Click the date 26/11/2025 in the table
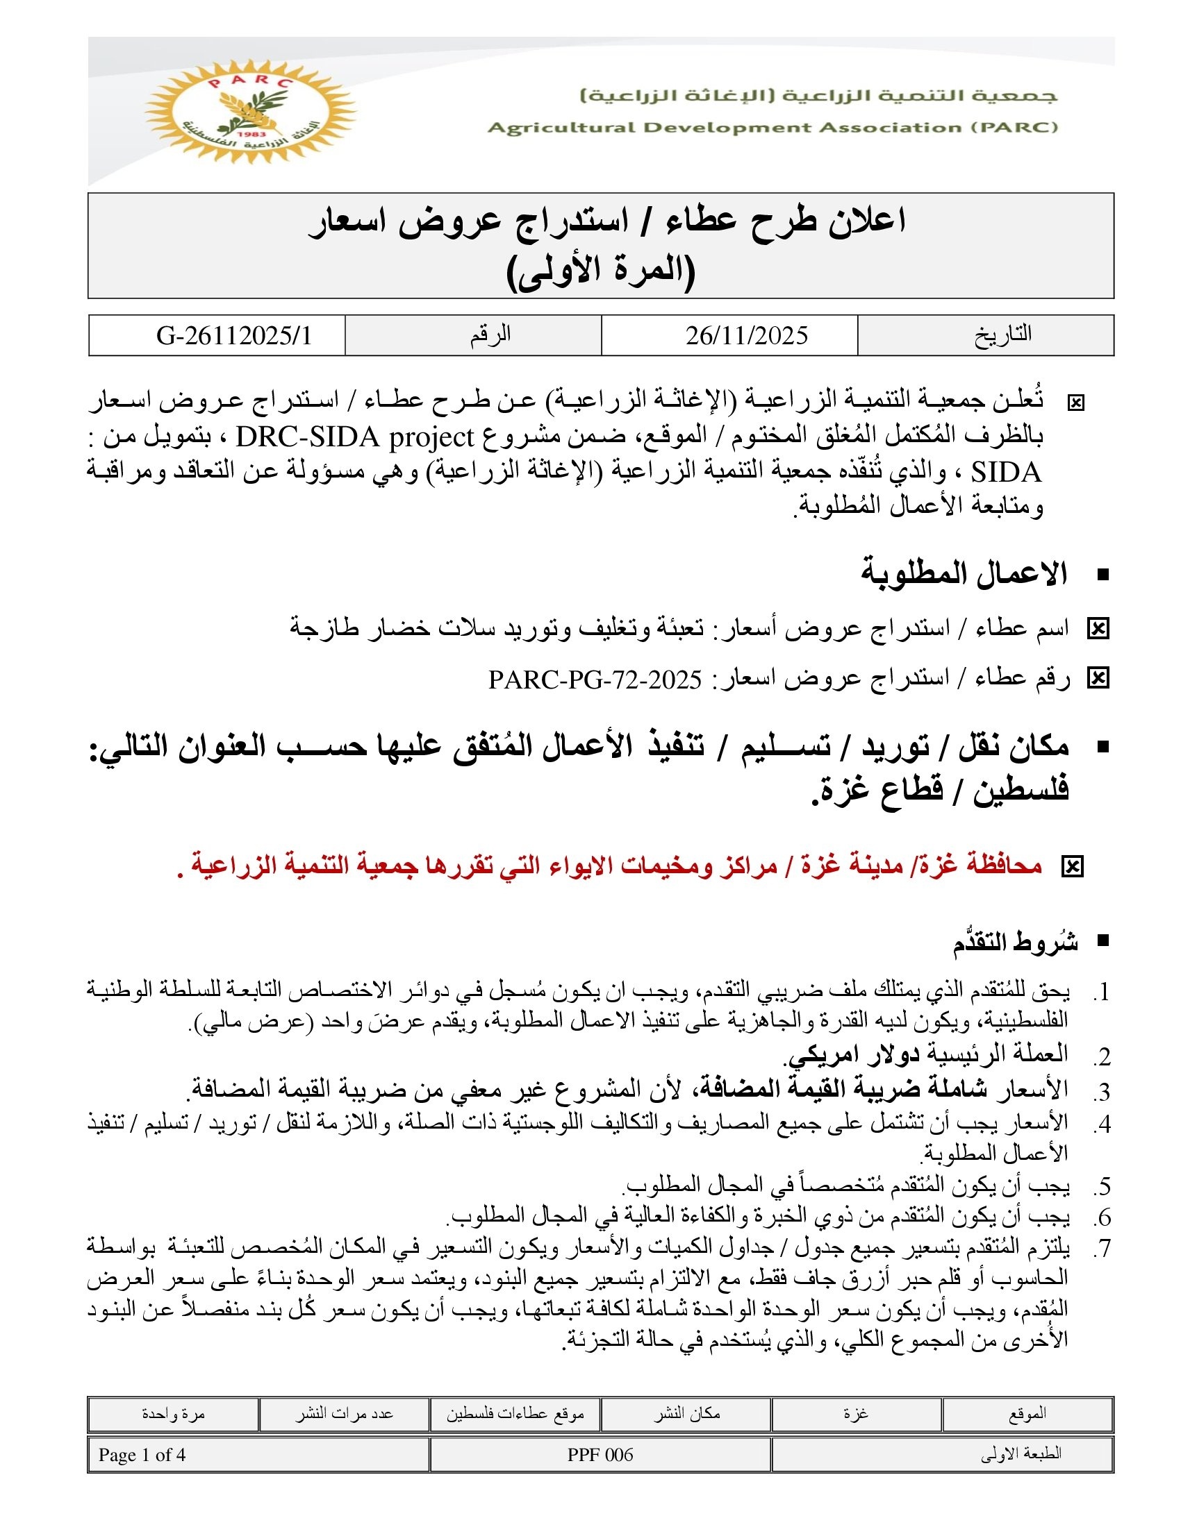746,336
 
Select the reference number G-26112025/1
234,336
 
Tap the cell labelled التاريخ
1002,335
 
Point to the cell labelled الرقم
490,335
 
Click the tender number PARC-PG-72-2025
595,679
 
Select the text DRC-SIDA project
356,438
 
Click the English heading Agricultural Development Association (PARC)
773,128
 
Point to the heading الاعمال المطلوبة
964,574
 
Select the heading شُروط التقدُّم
1014,942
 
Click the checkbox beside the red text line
1072,867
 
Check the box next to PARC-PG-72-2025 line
1098,678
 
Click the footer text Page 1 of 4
142,1455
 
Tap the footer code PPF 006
600,1455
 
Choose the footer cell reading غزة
856,1414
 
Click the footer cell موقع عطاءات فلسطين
515,1414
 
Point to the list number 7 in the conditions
1102,1248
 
